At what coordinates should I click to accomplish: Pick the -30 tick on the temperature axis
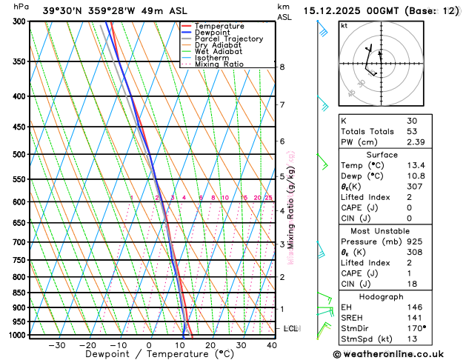[56, 345]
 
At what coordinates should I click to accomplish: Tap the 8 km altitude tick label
[282, 67]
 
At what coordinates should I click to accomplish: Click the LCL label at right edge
[290, 328]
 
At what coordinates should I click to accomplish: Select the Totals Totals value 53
[411, 131]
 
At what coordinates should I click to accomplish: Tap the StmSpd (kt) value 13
[411, 339]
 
